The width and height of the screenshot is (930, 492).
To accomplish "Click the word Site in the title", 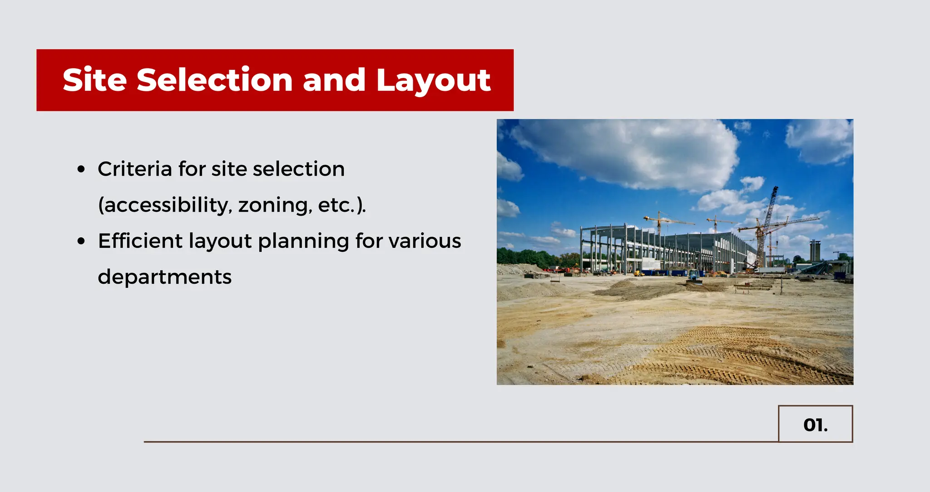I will click(x=94, y=80).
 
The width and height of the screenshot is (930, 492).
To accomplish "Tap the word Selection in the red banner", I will click(x=214, y=80).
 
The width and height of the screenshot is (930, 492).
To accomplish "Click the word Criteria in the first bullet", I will click(x=135, y=169).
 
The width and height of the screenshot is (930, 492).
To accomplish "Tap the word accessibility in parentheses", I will click(x=166, y=205).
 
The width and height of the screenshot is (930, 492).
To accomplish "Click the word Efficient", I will click(x=140, y=241).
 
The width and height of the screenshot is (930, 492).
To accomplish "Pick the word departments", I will click(x=164, y=277).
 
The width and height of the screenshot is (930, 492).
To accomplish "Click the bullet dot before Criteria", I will click(x=81, y=170).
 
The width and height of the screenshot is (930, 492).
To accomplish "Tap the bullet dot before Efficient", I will click(x=81, y=241).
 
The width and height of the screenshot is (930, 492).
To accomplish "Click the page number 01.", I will click(x=815, y=425).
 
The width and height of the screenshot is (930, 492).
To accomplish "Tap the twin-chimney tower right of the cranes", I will click(x=815, y=251).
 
